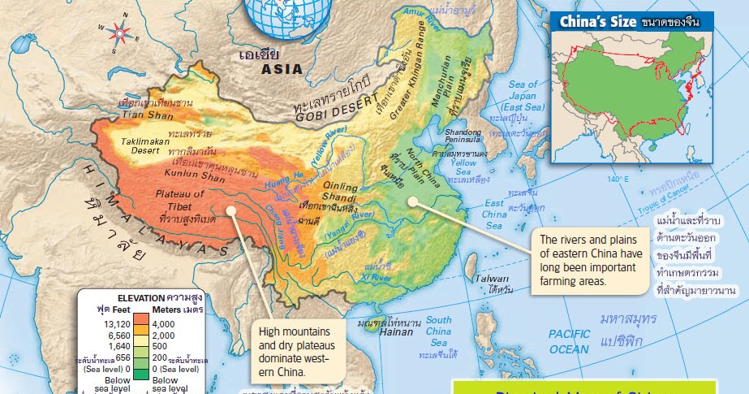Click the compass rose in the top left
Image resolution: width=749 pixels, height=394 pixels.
(x=120, y=32)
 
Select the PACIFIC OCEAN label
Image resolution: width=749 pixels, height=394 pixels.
(x=569, y=341)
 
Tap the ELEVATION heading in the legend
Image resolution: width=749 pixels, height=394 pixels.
(x=140, y=297)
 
